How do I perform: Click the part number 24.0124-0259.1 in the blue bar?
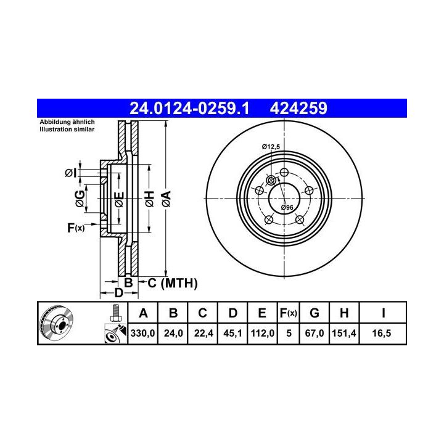click(x=189, y=109)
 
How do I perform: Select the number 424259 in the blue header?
click(x=298, y=109)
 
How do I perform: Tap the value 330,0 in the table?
click(x=142, y=333)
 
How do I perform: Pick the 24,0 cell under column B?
click(x=173, y=333)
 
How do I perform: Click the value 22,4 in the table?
click(x=203, y=333)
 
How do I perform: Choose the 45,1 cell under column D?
click(x=232, y=333)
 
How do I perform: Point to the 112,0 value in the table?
click(x=263, y=333)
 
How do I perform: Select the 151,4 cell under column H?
click(x=344, y=333)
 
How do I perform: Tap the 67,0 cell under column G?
click(x=314, y=333)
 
